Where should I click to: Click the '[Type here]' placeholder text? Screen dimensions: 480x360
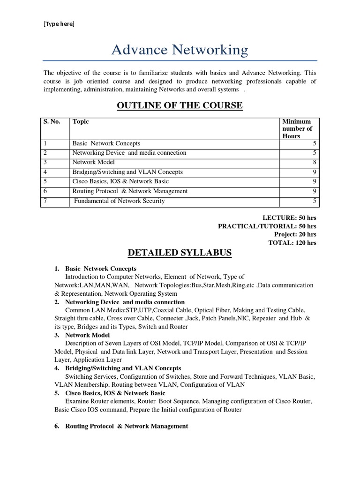59,24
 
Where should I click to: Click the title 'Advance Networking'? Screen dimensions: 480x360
180,50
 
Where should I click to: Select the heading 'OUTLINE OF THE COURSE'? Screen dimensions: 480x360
180,105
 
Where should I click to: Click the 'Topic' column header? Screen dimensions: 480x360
81,122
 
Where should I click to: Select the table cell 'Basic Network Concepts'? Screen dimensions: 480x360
106,143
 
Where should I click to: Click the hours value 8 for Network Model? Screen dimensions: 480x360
315,162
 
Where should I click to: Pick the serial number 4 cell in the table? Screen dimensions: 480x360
45,172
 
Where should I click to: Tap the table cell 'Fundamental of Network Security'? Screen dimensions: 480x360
120,201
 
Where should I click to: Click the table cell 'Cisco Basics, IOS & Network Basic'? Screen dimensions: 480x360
120,181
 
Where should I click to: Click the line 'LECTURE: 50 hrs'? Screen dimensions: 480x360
289,218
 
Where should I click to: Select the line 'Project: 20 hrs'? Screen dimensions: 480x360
295,234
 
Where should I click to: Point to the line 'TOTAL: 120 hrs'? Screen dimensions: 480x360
292,243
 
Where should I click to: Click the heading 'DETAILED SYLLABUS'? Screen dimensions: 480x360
180,253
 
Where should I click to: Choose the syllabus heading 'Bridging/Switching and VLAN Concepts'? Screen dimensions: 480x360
123,368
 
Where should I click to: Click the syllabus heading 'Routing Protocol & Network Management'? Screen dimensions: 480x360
127,426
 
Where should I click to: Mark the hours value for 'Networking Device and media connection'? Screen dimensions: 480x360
315,153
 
